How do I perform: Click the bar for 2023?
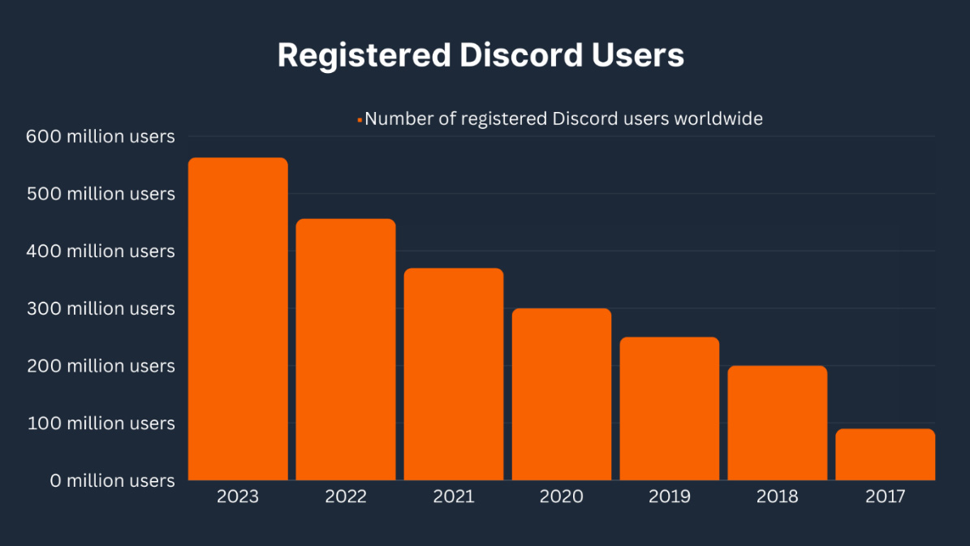(238, 318)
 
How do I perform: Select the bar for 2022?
(346, 349)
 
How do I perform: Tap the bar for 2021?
(454, 373)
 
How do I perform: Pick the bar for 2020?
(562, 393)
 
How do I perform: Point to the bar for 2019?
(670, 408)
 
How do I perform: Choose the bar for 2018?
(778, 422)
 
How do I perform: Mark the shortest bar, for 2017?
(886, 454)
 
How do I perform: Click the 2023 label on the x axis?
(238, 497)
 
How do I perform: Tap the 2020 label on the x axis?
(562, 497)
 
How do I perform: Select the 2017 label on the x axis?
(886, 497)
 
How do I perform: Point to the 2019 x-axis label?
(670, 497)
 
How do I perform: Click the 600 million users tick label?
(101, 136)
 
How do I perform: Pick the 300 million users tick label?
(101, 308)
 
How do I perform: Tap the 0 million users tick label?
(112, 480)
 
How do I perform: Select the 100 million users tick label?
(101, 423)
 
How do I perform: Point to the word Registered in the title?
(364, 55)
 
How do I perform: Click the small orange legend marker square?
(359, 120)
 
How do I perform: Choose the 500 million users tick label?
(101, 194)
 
